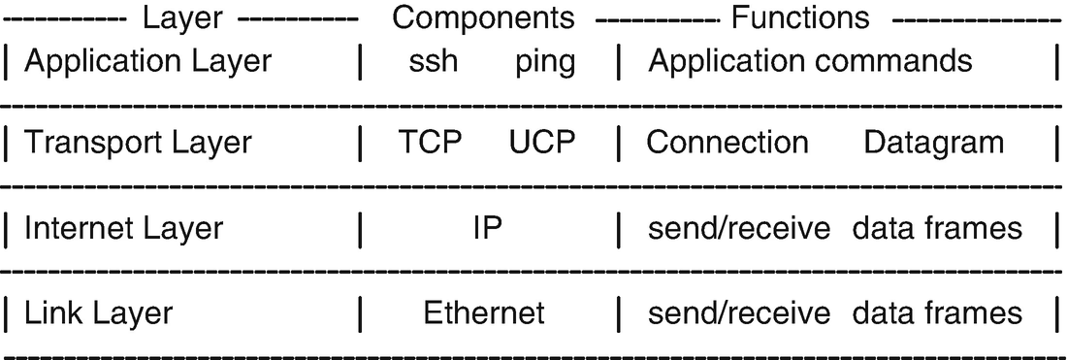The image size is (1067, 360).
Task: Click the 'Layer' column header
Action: pos(183,17)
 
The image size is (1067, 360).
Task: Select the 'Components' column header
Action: pos(483,17)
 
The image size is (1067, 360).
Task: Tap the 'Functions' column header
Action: pos(800,17)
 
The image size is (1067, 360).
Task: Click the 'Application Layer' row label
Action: pos(148,61)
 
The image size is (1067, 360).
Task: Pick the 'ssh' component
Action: pos(434,62)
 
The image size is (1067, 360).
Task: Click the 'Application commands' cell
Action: pos(810,61)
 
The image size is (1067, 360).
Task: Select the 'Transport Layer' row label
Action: pos(138,144)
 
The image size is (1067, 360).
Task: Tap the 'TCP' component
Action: pos(430,143)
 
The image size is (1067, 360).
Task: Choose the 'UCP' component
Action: pos(542,143)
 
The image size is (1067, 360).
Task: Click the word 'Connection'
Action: pos(727,143)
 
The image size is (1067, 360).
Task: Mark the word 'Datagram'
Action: pos(933,144)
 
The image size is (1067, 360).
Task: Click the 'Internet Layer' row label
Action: pos(123,228)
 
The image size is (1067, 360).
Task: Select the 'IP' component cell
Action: pos(487,228)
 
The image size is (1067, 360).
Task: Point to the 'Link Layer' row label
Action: pos(98,313)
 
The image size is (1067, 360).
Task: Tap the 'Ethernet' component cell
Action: pos(484,312)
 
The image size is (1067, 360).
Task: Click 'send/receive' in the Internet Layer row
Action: pos(739,228)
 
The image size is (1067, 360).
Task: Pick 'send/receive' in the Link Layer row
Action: pos(739,312)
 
